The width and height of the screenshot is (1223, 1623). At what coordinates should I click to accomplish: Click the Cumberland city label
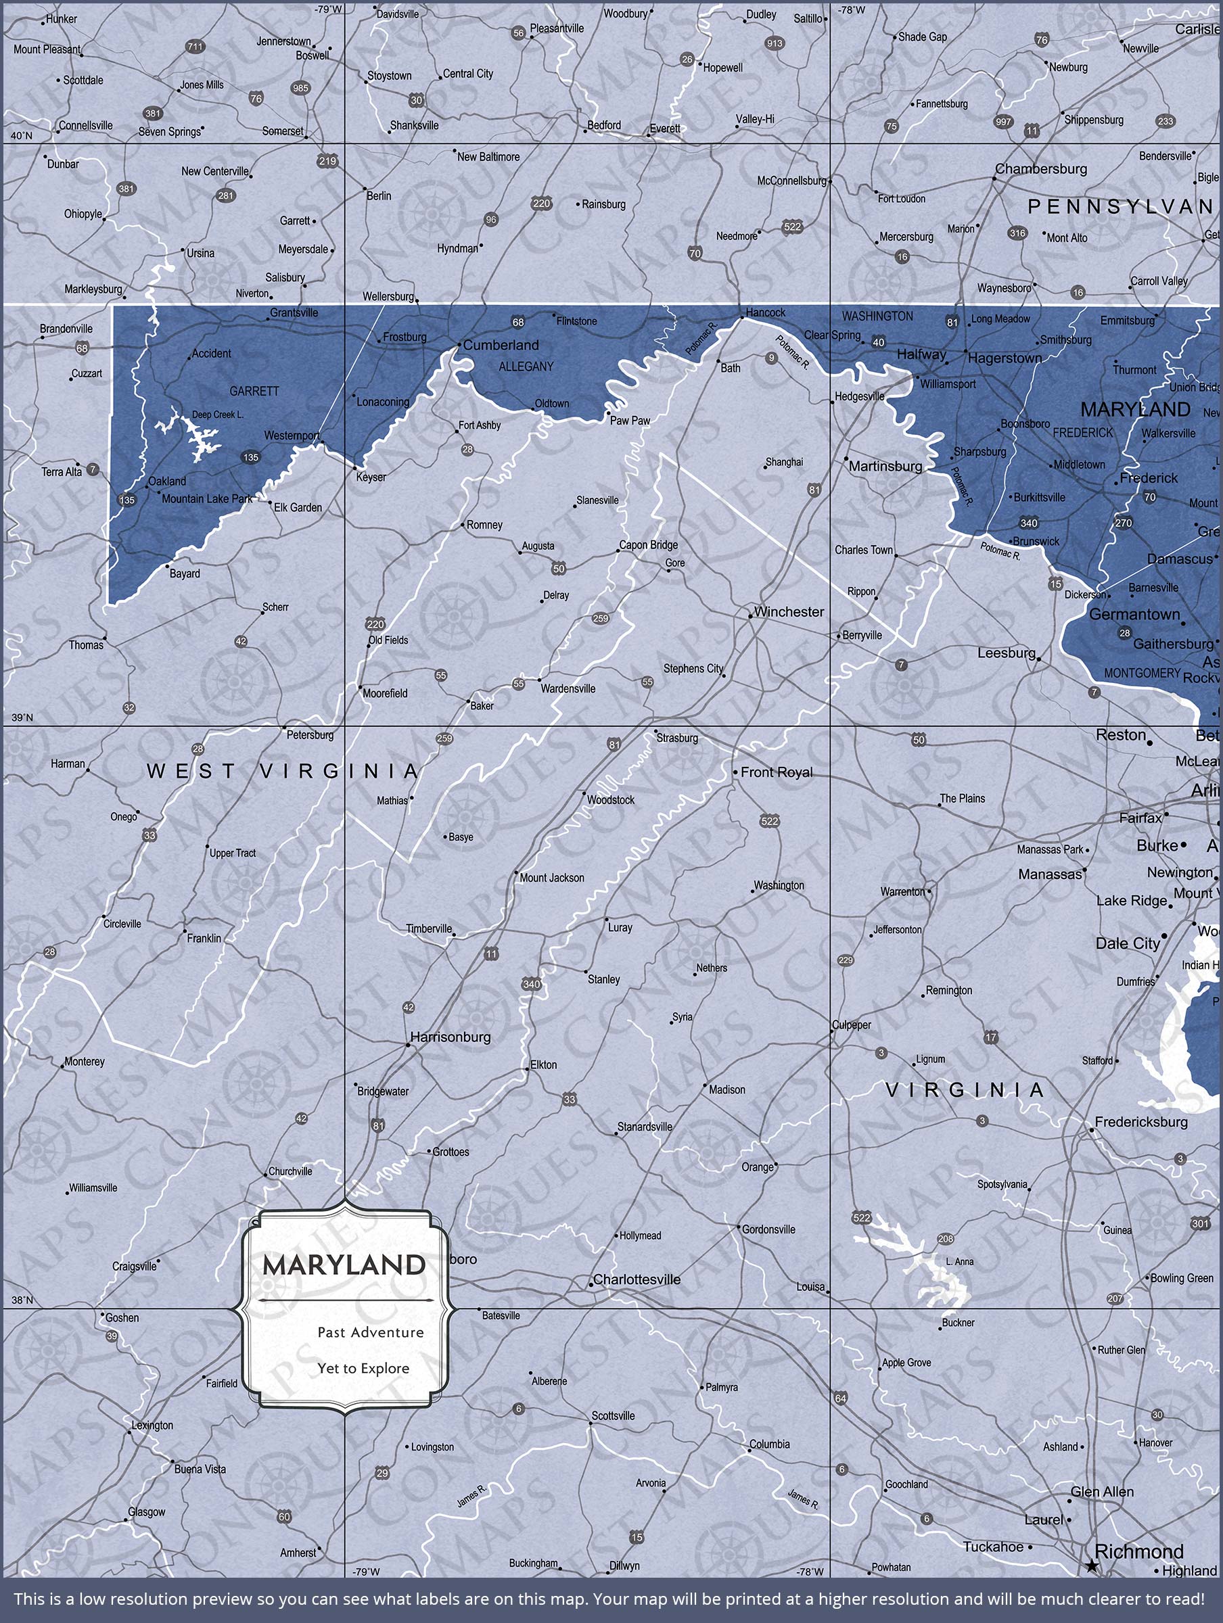(501, 345)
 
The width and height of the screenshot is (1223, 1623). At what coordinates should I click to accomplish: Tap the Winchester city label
(789, 612)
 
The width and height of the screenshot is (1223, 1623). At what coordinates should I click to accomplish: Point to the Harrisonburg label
(450, 1037)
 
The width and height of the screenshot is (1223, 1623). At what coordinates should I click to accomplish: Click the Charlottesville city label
(637, 1279)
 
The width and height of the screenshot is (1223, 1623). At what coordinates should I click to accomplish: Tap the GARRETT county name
(254, 391)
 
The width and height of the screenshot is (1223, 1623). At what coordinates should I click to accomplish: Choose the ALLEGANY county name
(526, 366)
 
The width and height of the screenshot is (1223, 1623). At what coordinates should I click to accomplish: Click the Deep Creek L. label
(217, 415)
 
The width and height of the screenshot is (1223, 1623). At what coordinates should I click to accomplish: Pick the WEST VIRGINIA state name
(283, 771)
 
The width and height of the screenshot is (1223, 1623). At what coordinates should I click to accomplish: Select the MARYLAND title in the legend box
(344, 1265)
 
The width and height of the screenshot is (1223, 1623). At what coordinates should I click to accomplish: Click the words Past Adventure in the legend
(371, 1332)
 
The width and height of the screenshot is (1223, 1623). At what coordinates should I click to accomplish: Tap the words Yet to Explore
(363, 1369)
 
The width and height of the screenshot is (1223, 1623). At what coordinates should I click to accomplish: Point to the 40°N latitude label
(21, 136)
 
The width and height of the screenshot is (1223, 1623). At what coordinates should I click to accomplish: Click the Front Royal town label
(776, 772)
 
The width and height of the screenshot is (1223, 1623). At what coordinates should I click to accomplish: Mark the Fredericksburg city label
(1140, 1122)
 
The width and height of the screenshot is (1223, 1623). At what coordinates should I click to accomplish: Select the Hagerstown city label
(1005, 358)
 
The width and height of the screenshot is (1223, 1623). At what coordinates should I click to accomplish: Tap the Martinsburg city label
(885, 466)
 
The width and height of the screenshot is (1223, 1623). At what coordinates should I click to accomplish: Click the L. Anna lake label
(959, 1261)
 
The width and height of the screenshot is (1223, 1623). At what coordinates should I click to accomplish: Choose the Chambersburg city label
(1040, 169)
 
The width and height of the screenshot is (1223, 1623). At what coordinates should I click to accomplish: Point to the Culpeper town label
(852, 1025)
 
